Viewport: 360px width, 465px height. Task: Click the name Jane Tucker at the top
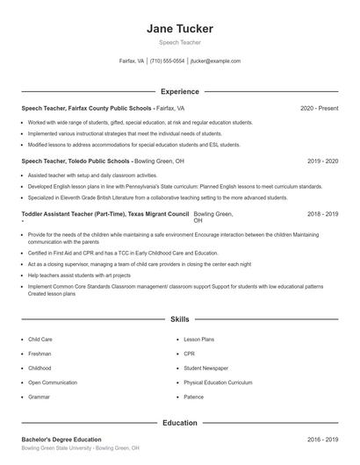tap(180, 29)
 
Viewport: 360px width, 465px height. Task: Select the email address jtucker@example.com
tap(215, 61)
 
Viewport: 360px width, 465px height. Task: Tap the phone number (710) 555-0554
tap(167, 61)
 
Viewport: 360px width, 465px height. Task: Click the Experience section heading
tap(180, 91)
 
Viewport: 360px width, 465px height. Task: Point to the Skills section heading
tap(180, 321)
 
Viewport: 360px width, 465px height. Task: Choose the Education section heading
tap(180, 423)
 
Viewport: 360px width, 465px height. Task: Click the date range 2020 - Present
tap(319, 108)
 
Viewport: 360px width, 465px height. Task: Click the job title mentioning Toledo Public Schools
tap(76, 161)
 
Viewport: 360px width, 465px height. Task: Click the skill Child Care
tap(40, 338)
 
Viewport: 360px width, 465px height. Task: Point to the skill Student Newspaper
tap(205, 368)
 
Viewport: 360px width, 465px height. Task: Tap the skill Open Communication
tap(52, 383)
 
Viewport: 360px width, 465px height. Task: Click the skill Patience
tap(193, 397)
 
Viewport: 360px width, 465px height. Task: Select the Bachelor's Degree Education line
tap(61, 439)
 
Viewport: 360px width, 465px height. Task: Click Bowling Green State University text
tap(57, 447)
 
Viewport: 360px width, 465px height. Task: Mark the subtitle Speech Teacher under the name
tap(180, 42)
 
